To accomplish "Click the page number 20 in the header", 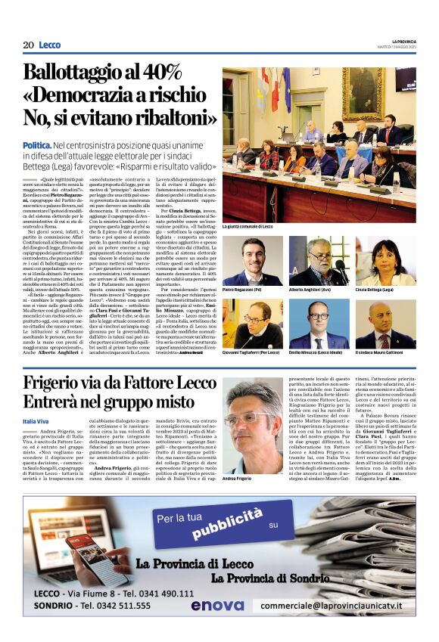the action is pyautogui.click(x=28, y=45).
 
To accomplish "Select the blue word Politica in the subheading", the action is pyautogui.click(x=37, y=144).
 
